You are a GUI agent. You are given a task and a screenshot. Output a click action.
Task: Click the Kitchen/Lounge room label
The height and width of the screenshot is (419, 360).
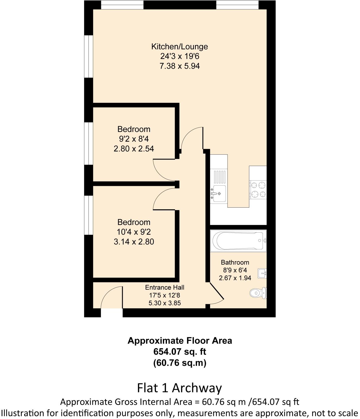pos(179,47)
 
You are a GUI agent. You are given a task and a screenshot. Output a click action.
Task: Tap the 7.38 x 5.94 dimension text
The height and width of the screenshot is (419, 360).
pos(179,66)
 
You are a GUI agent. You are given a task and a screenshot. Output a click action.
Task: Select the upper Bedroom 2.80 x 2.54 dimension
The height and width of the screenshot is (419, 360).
pos(134,149)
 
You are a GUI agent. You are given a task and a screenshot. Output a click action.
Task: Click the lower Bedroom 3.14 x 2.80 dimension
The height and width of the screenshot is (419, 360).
pos(134,242)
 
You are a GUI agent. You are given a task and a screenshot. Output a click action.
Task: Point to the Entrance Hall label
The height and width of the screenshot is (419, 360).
pos(165,287)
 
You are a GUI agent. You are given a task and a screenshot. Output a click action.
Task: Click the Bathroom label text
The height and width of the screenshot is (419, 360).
pos(235,262)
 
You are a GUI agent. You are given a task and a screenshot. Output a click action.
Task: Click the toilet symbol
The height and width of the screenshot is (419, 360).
pos(257,293)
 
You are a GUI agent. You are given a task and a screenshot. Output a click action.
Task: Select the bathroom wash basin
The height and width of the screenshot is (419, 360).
pos(262,273)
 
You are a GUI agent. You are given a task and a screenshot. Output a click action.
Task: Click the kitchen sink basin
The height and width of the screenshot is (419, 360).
pos(219,193)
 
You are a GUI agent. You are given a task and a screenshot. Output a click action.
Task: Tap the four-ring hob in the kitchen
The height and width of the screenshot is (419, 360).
pos(258,190)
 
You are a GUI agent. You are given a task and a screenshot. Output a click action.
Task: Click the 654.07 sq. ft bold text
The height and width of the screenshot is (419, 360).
pos(179,352)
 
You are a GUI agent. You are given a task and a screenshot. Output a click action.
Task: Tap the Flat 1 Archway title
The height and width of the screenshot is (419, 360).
pos(179,388)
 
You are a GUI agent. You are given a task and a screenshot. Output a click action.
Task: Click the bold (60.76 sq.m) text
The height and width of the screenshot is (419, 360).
pos(179,363)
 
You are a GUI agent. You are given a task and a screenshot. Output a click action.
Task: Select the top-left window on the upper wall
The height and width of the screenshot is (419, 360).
pos(122,5)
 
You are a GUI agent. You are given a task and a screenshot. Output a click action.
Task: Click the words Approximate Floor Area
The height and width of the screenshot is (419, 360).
pos(179,341)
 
